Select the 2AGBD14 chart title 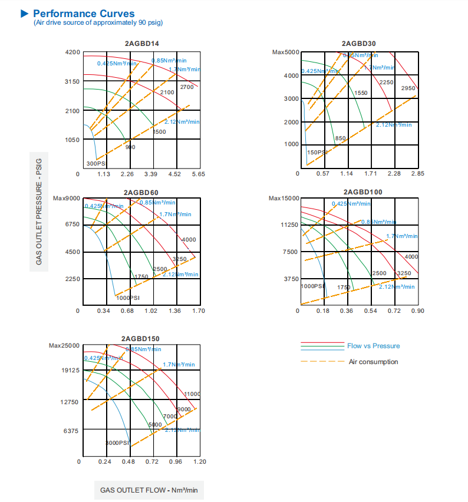point(141,44)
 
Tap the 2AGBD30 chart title point(358,43)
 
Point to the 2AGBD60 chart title point(141,193)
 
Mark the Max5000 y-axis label point(286,52)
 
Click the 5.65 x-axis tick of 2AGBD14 point(198,174)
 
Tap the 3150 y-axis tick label point(72,81)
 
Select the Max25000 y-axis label point(64,345)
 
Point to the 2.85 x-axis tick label point(417,174)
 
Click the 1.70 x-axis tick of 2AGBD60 point(199,311)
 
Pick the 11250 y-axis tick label point(290,225)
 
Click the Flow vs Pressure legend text point(373,346)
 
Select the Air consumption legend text point(373,362)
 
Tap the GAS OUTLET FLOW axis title point(149,490)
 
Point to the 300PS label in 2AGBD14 point(96,164)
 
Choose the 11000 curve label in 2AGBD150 point(192,394)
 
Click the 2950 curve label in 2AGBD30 point(408,88)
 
